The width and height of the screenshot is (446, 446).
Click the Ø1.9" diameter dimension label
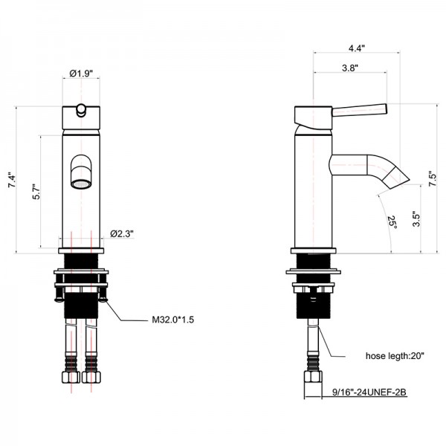[x=81, y=74]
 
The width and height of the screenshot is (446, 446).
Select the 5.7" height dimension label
[x=36, y=192]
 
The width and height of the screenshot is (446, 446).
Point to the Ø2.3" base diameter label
[x=122, y=234]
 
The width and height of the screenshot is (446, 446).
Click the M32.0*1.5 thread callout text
[x=173, y=320]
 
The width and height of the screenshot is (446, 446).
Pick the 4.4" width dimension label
[x=357, y=48]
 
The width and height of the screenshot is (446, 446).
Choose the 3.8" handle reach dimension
[x=350, y=68]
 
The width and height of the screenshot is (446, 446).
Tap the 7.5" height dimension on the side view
[x=433, y=178]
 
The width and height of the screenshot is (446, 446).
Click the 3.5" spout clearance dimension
[x=416, y=219]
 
